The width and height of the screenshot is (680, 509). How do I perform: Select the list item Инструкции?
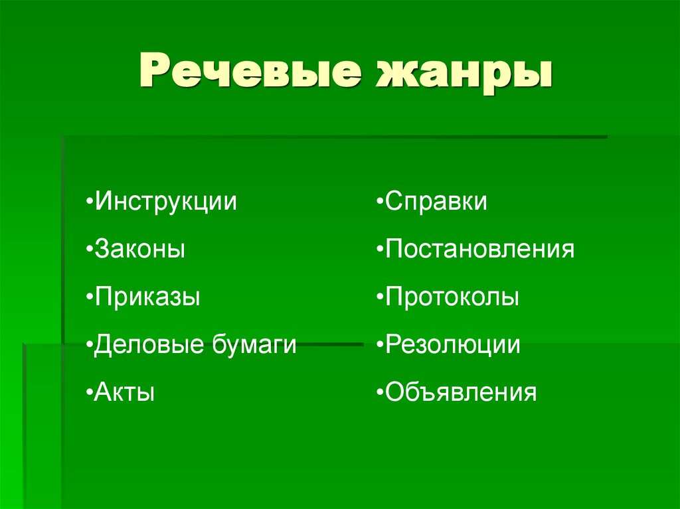click(165, 202)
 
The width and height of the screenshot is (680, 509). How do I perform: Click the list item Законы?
click(139, 250)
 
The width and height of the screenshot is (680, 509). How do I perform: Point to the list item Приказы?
click(147, 297)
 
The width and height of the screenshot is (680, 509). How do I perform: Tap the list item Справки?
click(436, 202)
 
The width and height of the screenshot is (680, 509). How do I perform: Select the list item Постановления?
click(479, 250)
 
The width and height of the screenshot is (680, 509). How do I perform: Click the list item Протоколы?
click(452, 297)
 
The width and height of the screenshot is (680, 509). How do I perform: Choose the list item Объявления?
click(460, 393)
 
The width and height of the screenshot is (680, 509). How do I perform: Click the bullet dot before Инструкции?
click(89, 202)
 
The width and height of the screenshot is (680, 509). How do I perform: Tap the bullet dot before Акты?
click(89, 393)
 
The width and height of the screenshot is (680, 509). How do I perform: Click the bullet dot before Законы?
click(89, 250)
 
